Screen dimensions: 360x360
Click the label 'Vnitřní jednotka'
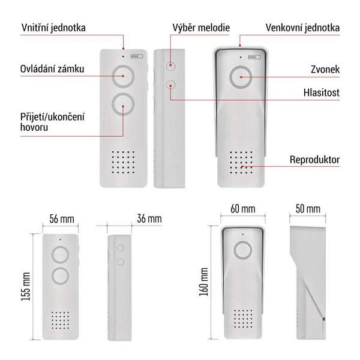click(x=53, y=28)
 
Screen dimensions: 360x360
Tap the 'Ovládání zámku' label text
click(x=51, y=69)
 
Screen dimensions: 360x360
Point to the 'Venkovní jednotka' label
click(x=302, y=28)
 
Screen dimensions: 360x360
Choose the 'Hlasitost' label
click(x=322, y=93)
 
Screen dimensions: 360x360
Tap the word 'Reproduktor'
click(x=314, y=160)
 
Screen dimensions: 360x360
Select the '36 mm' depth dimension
click(x=149, y=218)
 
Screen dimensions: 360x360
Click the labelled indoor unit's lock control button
click(x=122, y=76)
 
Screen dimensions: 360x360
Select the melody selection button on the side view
click(x=171, y=65)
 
